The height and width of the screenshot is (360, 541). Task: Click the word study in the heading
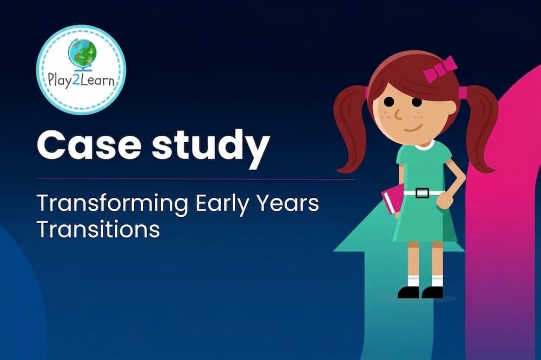click(x=210, y=146)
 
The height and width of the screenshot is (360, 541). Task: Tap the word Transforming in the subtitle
click(x=113, y=203)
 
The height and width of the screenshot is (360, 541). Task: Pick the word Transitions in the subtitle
click(x=98, y=229)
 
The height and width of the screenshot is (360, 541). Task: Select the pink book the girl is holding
click(x=393, y=199)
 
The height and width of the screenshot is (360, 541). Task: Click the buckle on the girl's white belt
click(x=422, y=193)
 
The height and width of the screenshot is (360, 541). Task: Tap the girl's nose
click(x=398, y=115)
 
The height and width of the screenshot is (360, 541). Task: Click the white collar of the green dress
click(x=424, y=145)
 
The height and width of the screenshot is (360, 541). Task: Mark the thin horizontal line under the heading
click(x=195, y=179)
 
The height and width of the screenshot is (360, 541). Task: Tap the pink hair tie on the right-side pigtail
click(x=463, y=92)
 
